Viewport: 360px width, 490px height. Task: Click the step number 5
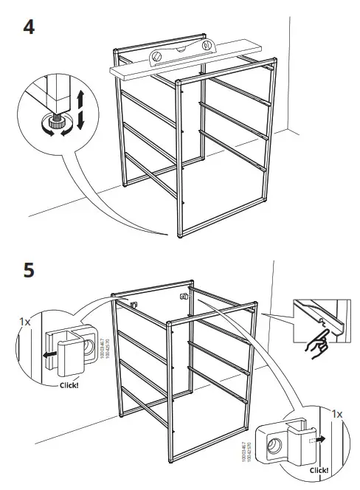pos(29,270)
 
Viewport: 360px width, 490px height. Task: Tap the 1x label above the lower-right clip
pos(338,415)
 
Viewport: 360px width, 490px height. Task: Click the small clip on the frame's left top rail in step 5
pos(135,303)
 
